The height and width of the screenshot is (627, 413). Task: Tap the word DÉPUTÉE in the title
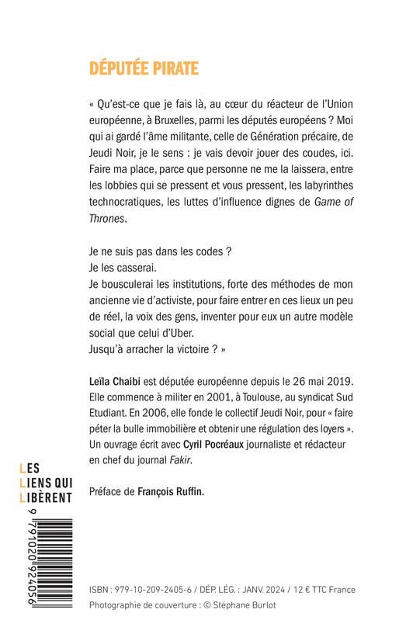[116, 68]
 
